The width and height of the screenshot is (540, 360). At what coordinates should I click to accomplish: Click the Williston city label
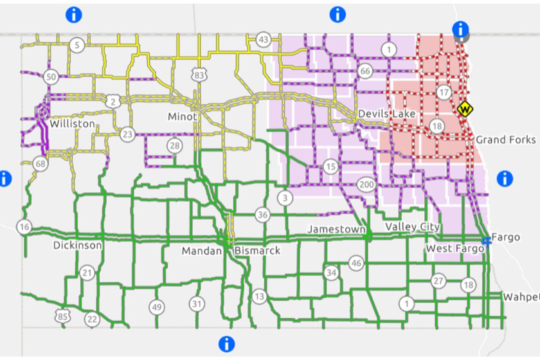click(x=72, y=123)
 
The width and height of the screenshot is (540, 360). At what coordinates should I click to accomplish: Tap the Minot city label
click(x=182, y=117)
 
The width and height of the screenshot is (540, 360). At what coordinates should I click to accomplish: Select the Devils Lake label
click(x=387, y=114)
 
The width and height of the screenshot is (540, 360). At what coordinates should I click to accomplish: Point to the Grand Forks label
click(x=505, y=139)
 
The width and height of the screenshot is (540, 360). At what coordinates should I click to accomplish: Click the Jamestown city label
click(x=336, y=229)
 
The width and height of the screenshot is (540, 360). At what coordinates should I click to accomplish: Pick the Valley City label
click(x=412, y=227)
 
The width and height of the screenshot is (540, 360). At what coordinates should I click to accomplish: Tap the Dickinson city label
click(x=77, y=246)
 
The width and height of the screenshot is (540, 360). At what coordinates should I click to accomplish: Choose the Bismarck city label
click(x=257, y=250)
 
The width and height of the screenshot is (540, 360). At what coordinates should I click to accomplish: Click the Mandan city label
click(x=201, y=251)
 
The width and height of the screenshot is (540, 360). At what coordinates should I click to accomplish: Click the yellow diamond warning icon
click(x=464, y=109)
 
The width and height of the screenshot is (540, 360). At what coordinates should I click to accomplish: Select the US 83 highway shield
click(x=199, y=76)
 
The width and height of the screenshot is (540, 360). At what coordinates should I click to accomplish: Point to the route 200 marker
click(x=366, y=185)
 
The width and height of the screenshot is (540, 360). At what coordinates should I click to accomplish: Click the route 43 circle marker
click(x=263, y=40)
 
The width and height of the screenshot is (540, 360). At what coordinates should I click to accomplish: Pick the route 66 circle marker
click(x=365, y=71)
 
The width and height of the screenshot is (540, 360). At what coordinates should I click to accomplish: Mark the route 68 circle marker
click(x=41, y=165)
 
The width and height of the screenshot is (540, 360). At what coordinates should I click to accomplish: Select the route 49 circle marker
click(x=156, y=307)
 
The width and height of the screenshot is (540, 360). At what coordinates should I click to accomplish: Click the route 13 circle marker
click(x=259, y=296)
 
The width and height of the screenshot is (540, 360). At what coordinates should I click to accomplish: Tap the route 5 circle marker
click(x=77, y=45)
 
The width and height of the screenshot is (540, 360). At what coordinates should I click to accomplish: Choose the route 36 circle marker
click(x=262, y=215)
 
